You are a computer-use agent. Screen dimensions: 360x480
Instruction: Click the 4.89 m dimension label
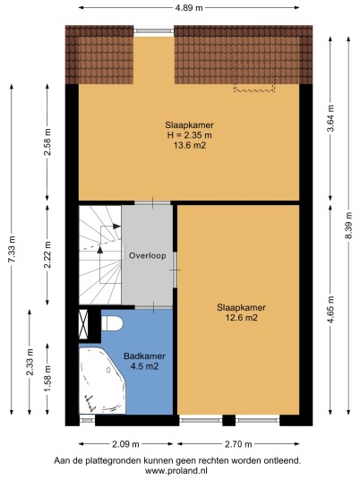(189, 8)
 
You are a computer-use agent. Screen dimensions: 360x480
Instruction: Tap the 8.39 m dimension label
(349, 226)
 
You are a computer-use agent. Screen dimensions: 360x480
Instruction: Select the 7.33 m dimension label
(12, 249)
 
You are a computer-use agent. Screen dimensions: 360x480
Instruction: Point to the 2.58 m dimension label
(47, 142)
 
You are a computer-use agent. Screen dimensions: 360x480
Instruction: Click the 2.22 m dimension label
(47, 254)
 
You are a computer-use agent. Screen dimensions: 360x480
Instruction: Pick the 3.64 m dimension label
(330, 118)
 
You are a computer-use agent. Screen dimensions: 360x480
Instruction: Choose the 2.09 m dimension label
(125, 444)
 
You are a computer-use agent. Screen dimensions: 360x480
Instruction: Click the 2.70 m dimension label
(238, 444)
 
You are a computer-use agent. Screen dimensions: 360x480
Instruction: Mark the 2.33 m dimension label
(30, 362)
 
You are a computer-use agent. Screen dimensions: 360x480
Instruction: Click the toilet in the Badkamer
(112, 323)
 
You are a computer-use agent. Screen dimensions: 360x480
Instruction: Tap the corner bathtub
(102, 381)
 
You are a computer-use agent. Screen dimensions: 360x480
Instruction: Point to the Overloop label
(148, 255)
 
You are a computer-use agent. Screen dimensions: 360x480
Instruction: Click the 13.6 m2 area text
(190, 145)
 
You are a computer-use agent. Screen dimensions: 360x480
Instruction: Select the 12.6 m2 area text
(241, 318)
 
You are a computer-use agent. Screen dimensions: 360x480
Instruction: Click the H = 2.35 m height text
(190, 135)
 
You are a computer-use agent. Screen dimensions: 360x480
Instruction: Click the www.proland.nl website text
(176, 470)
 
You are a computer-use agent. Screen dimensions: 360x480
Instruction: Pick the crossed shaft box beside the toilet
(83, 324)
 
